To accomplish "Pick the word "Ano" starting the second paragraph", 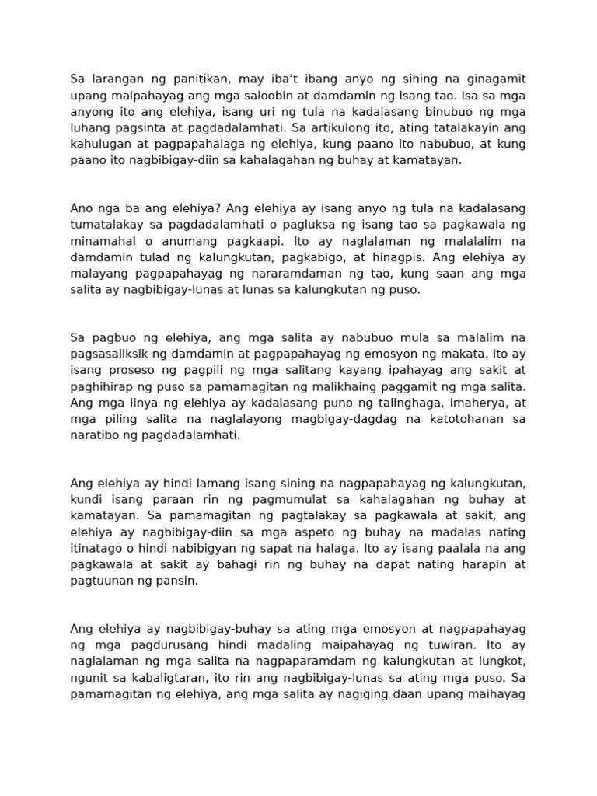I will [x=82, y=208].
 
